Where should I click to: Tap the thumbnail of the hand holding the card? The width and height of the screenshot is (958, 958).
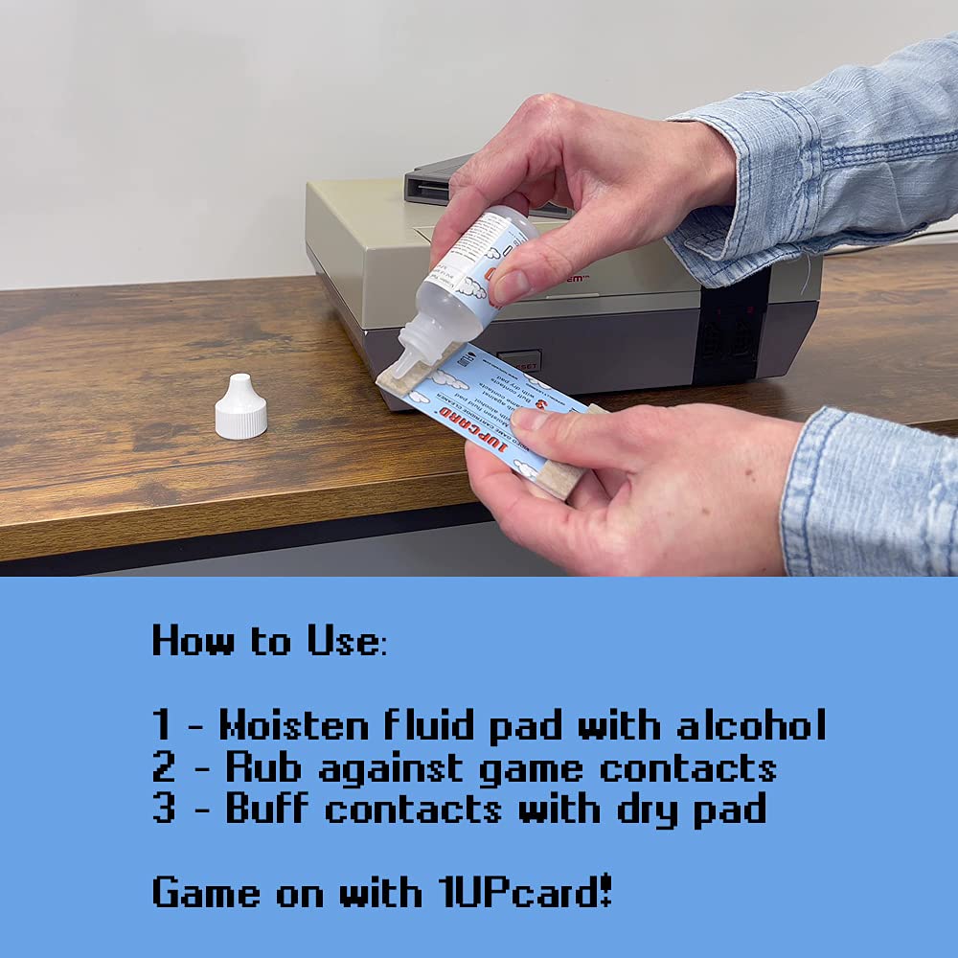[x=533, y=419]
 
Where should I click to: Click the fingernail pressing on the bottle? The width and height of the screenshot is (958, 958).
[x=511, y=286]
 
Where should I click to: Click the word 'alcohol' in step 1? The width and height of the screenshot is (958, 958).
[x=751, y=725]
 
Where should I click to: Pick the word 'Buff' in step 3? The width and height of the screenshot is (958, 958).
[x=267, y=810]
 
